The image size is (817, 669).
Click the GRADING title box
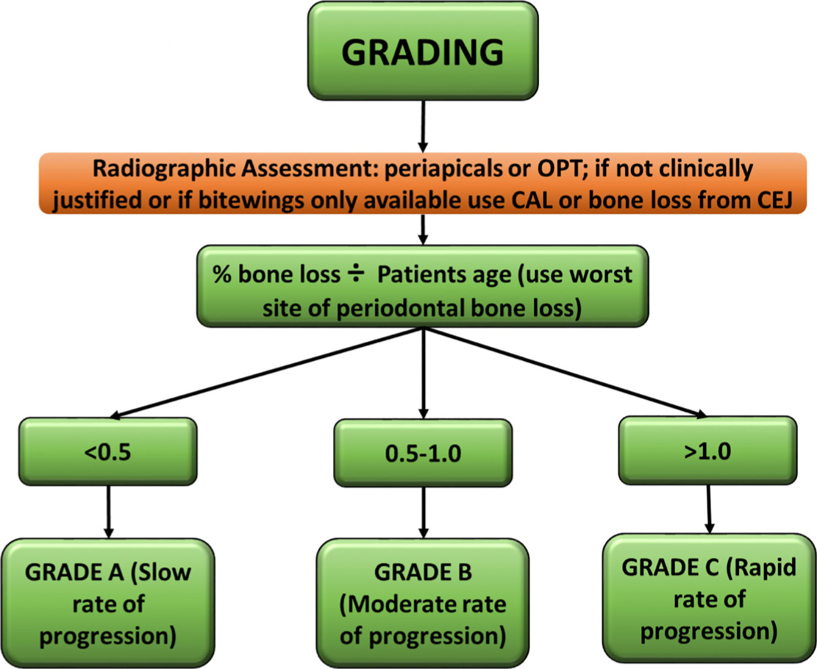[423, 51]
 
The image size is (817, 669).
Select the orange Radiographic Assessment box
[423, 183]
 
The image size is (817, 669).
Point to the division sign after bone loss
[357, 274]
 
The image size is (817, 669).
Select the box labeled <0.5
[108, 451]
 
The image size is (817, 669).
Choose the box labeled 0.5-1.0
[423, 453]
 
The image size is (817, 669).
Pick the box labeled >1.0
[708, 450]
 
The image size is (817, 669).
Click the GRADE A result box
[108, 603]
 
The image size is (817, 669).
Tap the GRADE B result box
[423, 603]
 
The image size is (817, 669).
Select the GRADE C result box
[709, 598]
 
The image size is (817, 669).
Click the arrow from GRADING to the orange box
[423, 126]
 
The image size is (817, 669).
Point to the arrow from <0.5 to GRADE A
[108, 512]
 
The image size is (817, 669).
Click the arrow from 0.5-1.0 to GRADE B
[423, 512]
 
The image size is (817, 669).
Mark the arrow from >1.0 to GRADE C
[709, 509]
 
